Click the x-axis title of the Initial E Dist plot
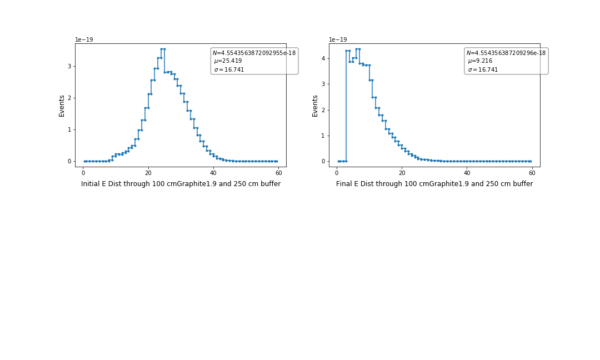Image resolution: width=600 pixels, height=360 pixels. (181, 184)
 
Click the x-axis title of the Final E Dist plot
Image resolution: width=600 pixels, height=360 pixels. (434, 184)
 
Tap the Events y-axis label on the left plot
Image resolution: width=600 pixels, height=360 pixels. (62, 106)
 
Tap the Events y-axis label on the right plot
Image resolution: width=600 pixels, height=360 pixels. (315, 106)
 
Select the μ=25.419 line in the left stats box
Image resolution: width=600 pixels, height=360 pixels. (228, 61)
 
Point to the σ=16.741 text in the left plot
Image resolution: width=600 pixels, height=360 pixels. (229, 70)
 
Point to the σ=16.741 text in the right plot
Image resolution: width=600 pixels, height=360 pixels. (483, 70)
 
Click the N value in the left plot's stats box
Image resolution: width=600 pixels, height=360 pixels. (254, 53)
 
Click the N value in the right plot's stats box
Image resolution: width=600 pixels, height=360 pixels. (506, 53)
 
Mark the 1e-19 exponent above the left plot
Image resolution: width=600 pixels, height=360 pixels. (85, 40)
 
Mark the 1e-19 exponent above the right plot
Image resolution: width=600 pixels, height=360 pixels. (338, 40)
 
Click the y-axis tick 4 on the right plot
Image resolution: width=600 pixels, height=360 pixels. (323, 58)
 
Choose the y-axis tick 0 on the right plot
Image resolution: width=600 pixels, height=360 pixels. (323, 161)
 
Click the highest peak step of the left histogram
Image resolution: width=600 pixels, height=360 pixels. (162, 49)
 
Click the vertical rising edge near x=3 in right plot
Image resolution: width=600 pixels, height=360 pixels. (346, 106)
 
